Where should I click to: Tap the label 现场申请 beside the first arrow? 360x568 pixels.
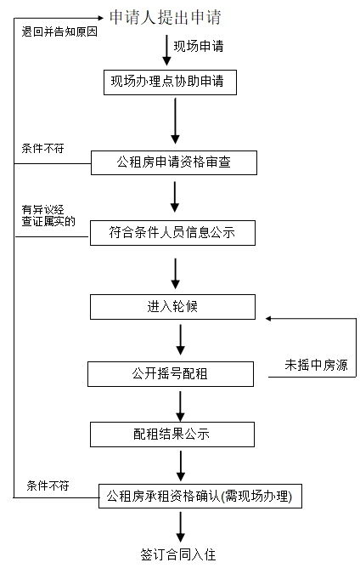pos(199,45)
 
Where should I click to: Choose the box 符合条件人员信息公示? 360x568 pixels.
pos(172,232)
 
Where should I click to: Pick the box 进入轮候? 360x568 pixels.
pos(172,306)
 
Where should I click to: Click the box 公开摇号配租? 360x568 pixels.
pos(171,373)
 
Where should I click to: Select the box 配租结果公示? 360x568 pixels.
pos(172,434)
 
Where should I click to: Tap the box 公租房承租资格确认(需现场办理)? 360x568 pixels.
pos(200,496)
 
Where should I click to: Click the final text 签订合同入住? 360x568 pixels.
pos(178,554)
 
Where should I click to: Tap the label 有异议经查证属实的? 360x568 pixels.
pos(49,215)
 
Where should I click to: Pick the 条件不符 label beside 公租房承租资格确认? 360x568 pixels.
pos(48,485)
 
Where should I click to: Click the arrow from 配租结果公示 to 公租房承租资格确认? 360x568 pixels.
pos(180,465)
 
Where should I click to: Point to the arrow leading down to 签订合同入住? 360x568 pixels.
pos(180,526)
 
